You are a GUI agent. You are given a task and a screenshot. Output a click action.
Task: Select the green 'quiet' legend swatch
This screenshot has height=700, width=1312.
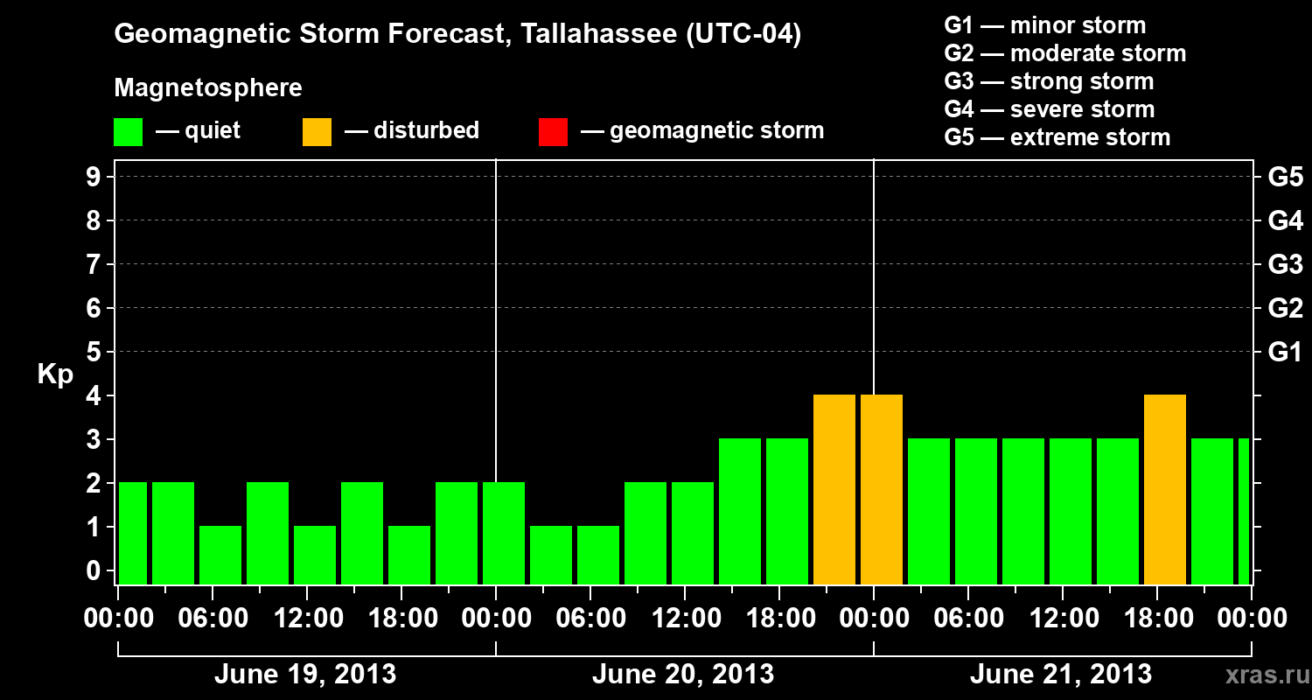pos(129,132)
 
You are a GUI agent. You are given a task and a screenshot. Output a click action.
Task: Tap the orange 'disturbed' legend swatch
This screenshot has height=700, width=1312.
pos(317,132)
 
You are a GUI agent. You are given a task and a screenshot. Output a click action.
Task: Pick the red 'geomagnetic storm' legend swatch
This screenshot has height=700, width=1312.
pos(553,132)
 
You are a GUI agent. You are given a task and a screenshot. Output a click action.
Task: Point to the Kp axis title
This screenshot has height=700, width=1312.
pos(55,374)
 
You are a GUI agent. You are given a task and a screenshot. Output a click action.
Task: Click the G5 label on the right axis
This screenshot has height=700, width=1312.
pos(1285,178)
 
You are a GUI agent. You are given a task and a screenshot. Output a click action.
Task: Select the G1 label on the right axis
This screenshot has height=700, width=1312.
pos(1285,353)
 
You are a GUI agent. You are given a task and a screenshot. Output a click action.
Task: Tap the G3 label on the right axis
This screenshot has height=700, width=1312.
pos(1285,265)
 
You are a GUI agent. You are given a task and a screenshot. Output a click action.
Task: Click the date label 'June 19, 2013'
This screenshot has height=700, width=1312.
pos(305,675)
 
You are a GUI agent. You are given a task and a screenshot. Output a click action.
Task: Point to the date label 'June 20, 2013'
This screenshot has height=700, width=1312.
pos(683,675)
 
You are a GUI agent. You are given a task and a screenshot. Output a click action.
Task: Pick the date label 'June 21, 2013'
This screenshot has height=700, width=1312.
pos(1061,675)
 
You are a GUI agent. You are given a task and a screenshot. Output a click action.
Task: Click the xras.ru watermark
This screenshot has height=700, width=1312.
pos(1261,675)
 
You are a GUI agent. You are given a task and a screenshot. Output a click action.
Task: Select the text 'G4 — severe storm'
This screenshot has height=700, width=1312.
pos(1050,109)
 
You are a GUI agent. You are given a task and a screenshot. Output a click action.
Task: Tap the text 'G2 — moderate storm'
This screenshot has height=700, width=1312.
pos(1065,53)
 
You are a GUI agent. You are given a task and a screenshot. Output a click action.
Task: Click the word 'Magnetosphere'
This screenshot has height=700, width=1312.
pos(208,88)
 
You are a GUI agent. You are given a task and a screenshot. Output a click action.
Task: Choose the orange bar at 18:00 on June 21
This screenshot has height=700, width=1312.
pos(1165,489)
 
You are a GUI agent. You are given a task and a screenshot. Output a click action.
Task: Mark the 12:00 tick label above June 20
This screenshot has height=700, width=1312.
pos(684,619)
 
